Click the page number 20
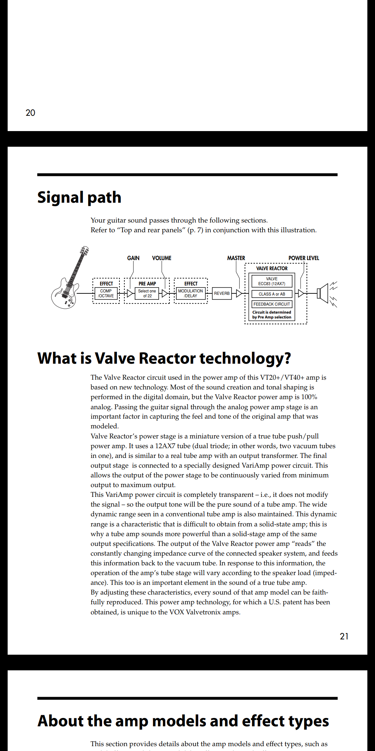click(x=31, y=113)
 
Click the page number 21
click(x=344, y=636)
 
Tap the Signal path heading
click(x=79, y=197)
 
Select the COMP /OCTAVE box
click(x=106, y=293)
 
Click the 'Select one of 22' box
click(x=147, y=293)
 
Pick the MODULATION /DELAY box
click(x=190, y=293)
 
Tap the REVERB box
click(x=222, y=293)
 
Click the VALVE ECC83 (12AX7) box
click(x=272, y=281)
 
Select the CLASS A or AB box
click(x=272, y=294)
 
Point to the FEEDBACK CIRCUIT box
click(x=272, y=304)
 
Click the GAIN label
click(x=133, y=258)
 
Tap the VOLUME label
click(x=162, y=258)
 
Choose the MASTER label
click(x=236, y=258)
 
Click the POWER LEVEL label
click(x=304, y=258)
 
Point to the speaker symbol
click(x=324, y=293)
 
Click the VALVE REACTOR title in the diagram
click(x=272, y=268)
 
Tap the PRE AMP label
click(x=147, y=284)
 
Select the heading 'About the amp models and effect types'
click(x=183, y=721)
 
